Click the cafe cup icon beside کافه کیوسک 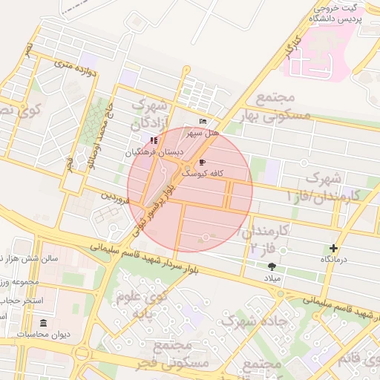point(202,161)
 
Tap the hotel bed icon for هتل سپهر point(203,122)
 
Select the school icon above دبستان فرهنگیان point(153,140)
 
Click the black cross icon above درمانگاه point(333,248)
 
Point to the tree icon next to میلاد point(272,266)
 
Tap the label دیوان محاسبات point(44,335)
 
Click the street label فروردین point(117,198)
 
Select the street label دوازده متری point(76,71)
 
